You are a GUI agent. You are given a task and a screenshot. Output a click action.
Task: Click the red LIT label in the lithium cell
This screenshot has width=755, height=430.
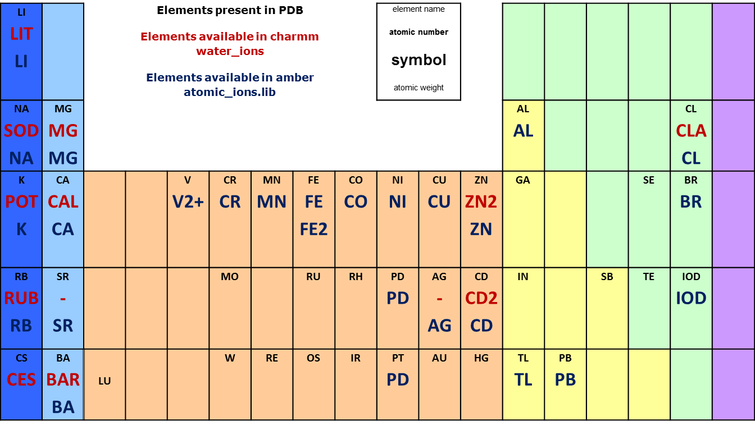point(21,34)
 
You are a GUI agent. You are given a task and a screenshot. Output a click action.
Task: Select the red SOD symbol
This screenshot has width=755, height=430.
point(21,131)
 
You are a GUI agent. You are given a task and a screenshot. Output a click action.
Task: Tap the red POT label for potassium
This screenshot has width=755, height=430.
point(21,202)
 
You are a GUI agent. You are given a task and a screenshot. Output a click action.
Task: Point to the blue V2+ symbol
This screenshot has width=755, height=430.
point(188,202)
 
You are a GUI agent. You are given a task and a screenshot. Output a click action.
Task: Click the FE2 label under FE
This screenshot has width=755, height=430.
point(313,229)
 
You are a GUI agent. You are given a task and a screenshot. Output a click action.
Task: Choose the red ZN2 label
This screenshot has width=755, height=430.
point(481,202)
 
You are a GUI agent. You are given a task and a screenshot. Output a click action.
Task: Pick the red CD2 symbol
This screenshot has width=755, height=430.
point(481,298)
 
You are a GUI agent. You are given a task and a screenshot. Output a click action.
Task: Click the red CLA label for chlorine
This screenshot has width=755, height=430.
point(691,131)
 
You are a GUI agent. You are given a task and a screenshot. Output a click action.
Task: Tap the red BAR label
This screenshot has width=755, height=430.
point(63,380)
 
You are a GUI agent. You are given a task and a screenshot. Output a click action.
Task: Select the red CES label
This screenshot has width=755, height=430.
point(21,380)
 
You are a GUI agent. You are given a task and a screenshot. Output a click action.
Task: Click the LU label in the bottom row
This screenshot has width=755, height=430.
point(104,381)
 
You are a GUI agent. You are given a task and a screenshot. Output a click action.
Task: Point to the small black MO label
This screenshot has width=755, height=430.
point(230,277)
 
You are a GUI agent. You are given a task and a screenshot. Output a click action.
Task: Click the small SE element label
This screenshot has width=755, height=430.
point(649,180)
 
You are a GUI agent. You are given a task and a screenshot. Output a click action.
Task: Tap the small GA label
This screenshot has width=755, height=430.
point(523,180)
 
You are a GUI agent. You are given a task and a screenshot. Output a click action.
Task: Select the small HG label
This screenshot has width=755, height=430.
point(481,358)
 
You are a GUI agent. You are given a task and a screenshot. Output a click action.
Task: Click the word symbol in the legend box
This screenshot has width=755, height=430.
point(419,60)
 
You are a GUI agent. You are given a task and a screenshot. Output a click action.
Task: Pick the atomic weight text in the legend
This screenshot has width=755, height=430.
point(419,88)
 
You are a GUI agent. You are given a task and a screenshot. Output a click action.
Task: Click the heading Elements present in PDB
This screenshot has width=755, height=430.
point(225,10)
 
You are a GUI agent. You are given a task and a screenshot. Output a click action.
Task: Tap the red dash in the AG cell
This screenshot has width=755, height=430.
point(439,298)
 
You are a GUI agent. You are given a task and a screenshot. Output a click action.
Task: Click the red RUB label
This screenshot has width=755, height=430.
point(21,298)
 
